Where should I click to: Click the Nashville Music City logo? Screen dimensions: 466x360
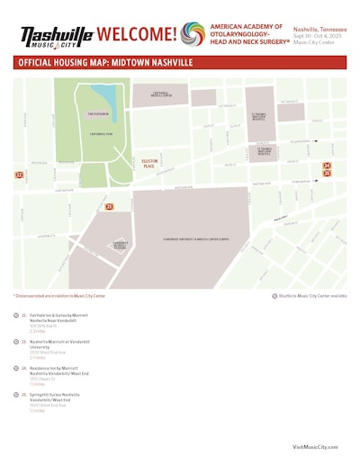tap(57, 36)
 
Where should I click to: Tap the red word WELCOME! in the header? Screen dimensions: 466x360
tap(136, 35)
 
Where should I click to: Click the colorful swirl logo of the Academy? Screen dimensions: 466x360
tap(192, 34)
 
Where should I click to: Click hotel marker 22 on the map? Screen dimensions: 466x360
tap(19, 175)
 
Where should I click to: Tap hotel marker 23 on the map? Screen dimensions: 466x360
tap(109, 207)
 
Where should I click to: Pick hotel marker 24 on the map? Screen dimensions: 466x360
tap(328, 166)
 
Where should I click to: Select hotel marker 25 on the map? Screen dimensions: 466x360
tap(328, 173)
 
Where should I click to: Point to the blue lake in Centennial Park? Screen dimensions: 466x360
tap(106, 95)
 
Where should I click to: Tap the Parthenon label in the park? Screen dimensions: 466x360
tap(98, 114)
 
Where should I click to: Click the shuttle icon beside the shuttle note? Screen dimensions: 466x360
tap(274, 295)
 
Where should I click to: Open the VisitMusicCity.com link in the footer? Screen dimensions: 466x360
tap(315, 445)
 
